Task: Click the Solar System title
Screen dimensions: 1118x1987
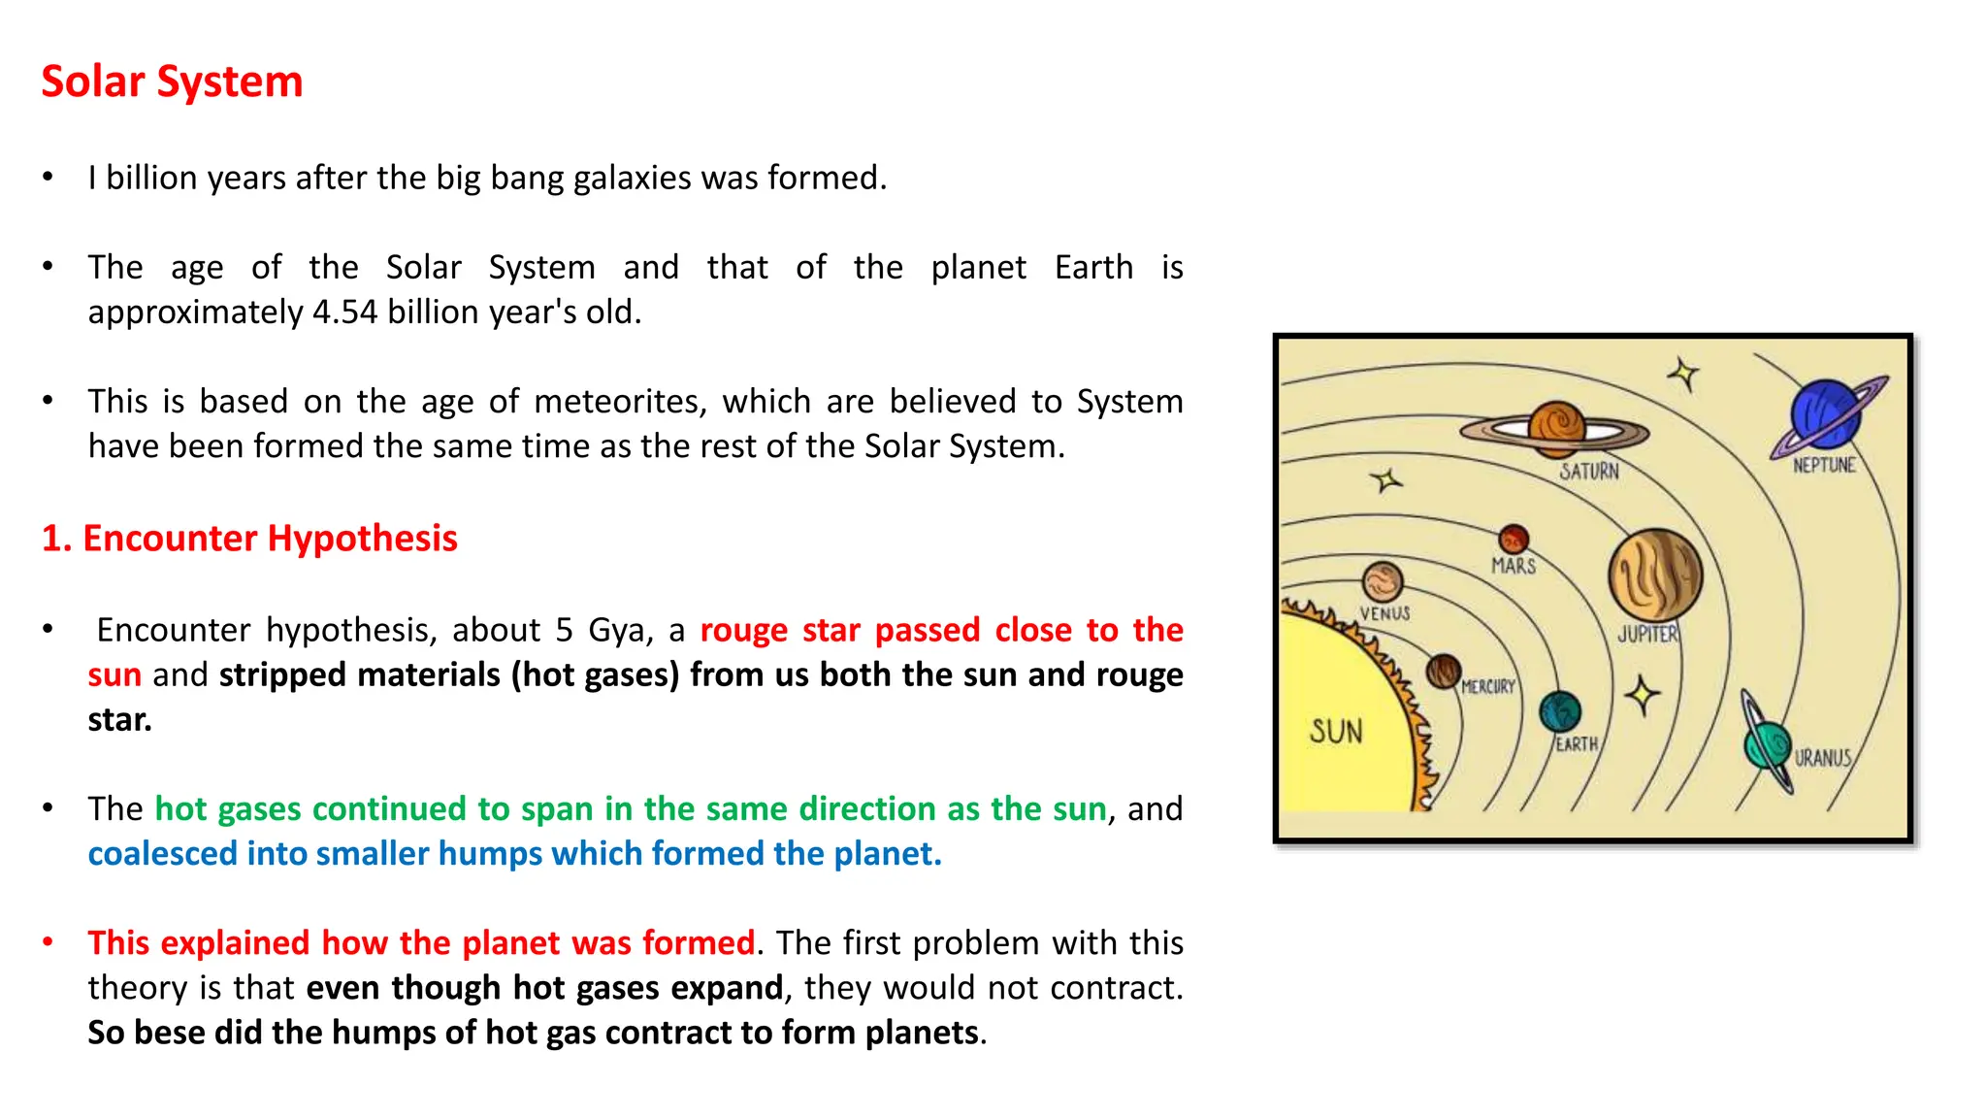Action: [172, 82]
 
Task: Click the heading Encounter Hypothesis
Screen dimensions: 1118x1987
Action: [249, 539]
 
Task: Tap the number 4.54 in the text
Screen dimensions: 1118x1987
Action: [344, 312]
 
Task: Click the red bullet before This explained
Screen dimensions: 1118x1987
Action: [48, 942]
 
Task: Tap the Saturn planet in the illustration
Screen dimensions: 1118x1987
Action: [1556, 428]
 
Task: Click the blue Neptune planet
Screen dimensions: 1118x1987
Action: [1825, 414]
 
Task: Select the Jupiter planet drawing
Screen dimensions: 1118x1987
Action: [1655, 575]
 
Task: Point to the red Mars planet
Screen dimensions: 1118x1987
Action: [1514, 539]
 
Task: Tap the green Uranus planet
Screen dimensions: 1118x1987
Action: [1767, 745]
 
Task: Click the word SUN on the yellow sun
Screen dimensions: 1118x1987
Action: [1336, 731]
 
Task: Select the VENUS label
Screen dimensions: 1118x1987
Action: [1384, 614]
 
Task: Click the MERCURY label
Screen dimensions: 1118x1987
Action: [1487, 687]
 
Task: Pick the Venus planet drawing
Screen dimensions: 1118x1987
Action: [1383, 582]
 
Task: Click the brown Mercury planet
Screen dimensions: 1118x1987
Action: [1444, 671]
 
